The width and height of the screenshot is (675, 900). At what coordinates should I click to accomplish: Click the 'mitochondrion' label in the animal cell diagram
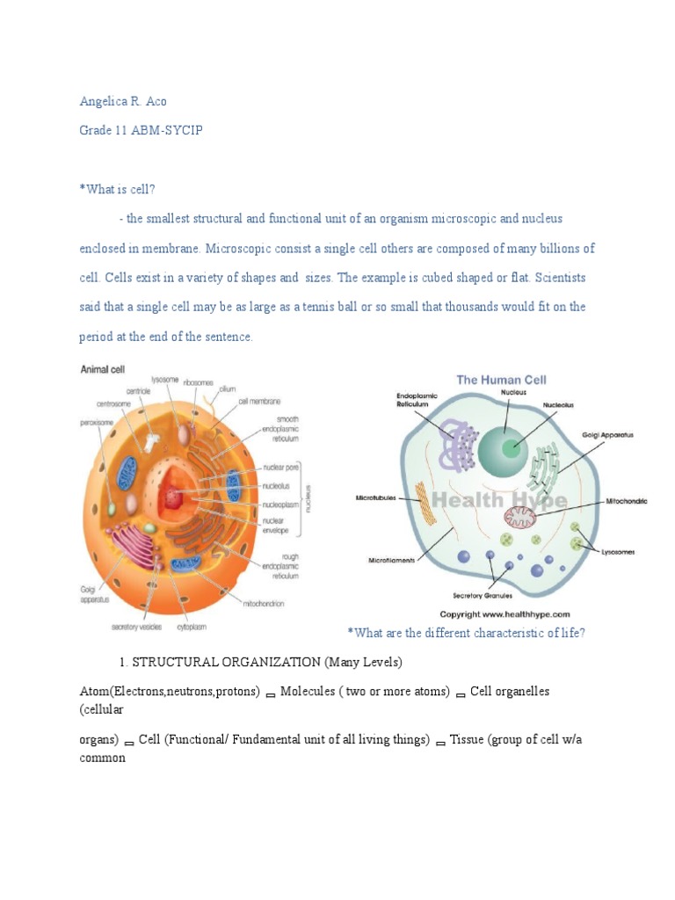point(269,604)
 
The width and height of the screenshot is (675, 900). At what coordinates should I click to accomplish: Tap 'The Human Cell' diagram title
point(501,380)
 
